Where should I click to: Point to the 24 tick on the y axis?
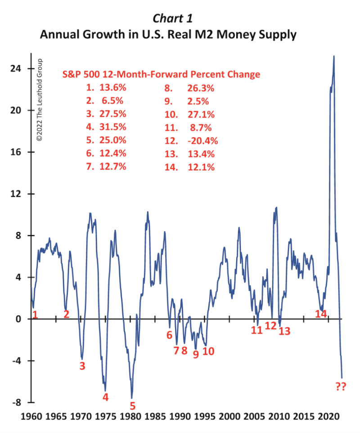click(x=17, y=69)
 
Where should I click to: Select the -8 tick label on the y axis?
click(x=18, y=402)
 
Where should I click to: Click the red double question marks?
click(x=342, y=386)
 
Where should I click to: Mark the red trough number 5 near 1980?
click(x=132, y=406)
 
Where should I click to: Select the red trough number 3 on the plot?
click(x=82, y=366)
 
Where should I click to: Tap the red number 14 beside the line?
click(x=320, y=314)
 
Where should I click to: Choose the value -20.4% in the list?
click(x=203, y=141)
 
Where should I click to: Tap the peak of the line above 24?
click(x=333, y=56)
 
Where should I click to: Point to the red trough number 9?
click(x=196, y=354)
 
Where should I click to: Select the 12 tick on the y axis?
click(x=17, y=194)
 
